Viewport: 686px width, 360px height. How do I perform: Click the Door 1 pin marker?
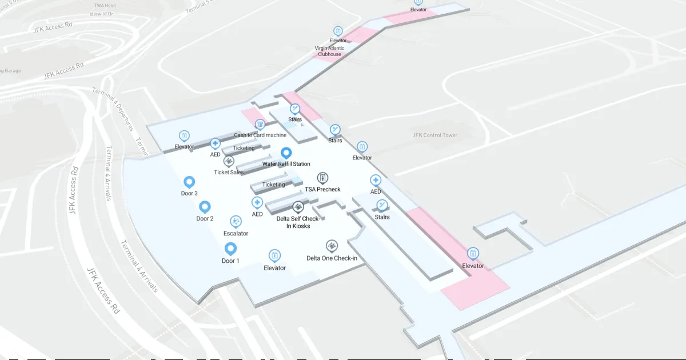pyautogui.click(x=230, y=249)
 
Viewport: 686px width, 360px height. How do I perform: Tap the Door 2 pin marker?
pyautogui.click(x=205, y=206)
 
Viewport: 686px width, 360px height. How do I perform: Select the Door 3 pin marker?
pyautogui.click(x=189, y=182)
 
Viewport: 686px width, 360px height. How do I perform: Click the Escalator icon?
pyautogui.click(x=236, y=221)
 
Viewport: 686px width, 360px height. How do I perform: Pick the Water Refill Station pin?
pyautogui.click(x=286, y=153)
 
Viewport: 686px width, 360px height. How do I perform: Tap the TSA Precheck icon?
pyautogui.click(x=322, y=178)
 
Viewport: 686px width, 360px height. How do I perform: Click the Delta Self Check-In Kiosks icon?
pyautogui.click(x=297, y=207)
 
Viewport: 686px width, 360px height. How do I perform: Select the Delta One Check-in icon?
pyautogui.click(x=332, y=246)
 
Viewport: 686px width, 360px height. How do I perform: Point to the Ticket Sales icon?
pyautogui.click(x=229, y=161)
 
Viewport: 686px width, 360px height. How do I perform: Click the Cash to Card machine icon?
pyautogui.click(x=260, y=124)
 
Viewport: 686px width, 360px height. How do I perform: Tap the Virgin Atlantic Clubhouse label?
pyautogui.click(x=330, y=51)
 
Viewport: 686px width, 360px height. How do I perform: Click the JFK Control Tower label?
pyautogui.click(x=435, y=135)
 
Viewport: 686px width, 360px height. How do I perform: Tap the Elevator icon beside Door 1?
pyautogui.click(x=274, y=255)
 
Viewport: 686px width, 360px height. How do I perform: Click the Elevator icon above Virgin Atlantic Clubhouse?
pyautogui.click(x=338, y=30)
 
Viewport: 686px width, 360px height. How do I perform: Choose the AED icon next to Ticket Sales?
pyautogui.click(x=215, y=143)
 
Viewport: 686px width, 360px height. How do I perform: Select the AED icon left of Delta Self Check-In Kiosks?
pyautogui.click(x=257, y=202)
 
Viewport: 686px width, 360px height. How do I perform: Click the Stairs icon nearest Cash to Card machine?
pyautogui.click(x=295, y=109)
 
